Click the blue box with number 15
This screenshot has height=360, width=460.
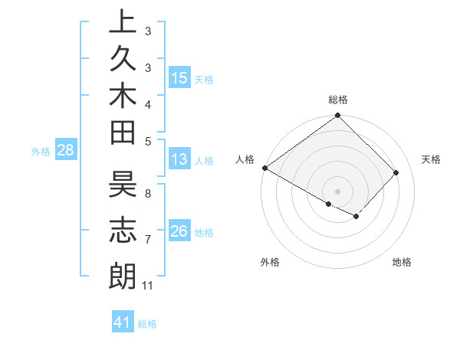tap(179, 77)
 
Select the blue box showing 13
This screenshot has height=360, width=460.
tap(179, 159)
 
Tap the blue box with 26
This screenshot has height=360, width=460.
tap(179, 231)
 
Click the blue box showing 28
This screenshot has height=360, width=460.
tap(66, 150)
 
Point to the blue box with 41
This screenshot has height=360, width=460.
tap(123, 322)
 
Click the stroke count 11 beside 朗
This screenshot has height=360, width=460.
tap(148, 286)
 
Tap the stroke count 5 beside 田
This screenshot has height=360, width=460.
tap(148, 141)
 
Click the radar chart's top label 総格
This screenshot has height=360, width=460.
tap(338, 100)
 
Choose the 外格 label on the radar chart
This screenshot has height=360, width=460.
tap(270, 262)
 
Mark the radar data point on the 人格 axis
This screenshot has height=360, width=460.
tap(264, 168)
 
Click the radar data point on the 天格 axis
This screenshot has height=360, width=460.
tap(396, 172)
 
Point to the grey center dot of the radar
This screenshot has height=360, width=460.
tap(338, 191)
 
